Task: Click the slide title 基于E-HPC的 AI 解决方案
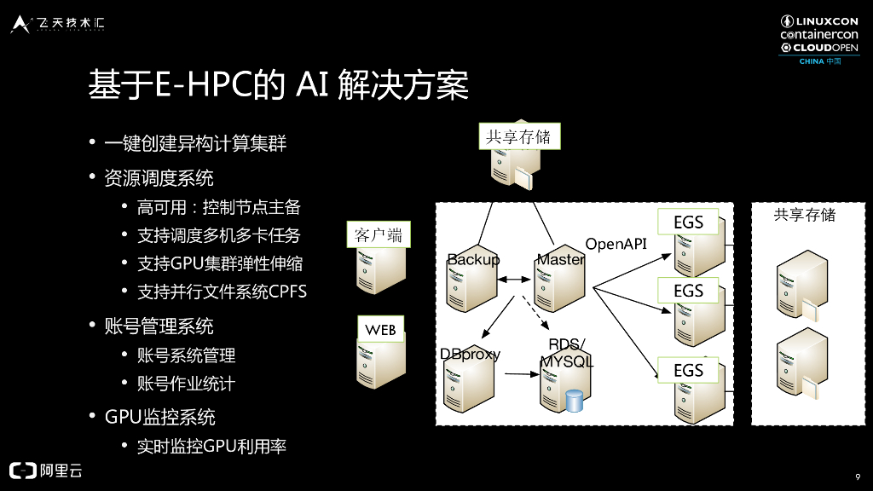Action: point(279,87)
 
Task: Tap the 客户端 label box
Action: point(378,235)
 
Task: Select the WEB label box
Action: point(380,329)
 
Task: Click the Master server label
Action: point(560,259)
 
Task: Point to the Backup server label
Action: point(473,259)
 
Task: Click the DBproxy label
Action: point(470,354)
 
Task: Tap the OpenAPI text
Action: point(616,244)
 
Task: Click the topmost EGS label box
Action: point(688,222)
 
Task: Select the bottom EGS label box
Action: point(688,370)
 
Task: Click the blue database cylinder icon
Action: point(574,401)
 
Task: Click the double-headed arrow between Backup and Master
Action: point(515,280)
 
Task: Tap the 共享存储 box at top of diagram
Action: point(518,136)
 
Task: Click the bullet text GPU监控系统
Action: point(159,417)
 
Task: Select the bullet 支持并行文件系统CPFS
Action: point(222,292)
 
